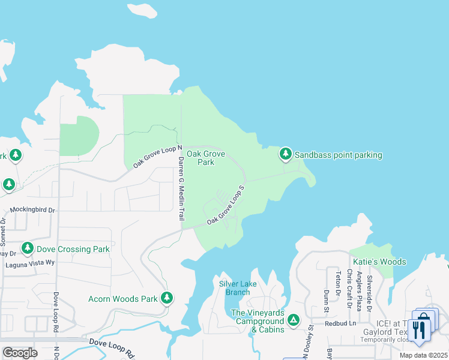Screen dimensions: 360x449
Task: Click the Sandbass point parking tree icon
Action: [286, 155]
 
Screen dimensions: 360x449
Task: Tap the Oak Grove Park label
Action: [205, 158]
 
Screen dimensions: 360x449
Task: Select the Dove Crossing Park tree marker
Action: [27, 248]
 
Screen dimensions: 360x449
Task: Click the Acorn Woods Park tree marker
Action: [166, 298]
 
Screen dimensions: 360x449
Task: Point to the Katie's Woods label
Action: [379, 262]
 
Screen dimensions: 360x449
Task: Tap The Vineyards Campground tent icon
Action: [294, 320]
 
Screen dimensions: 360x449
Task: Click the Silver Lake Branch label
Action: [237, 288]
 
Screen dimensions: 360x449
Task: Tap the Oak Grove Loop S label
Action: [226, 205]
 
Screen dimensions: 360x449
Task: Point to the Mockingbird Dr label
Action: [32, 211]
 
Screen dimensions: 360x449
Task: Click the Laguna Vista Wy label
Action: [29, 263]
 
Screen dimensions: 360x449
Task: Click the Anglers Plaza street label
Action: [359, 289]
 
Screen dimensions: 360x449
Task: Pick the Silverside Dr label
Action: [370, 289]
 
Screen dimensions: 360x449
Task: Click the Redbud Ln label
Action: [340, 323]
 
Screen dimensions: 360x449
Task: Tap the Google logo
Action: [20, 353]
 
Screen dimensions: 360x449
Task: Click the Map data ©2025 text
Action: [424, 355]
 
